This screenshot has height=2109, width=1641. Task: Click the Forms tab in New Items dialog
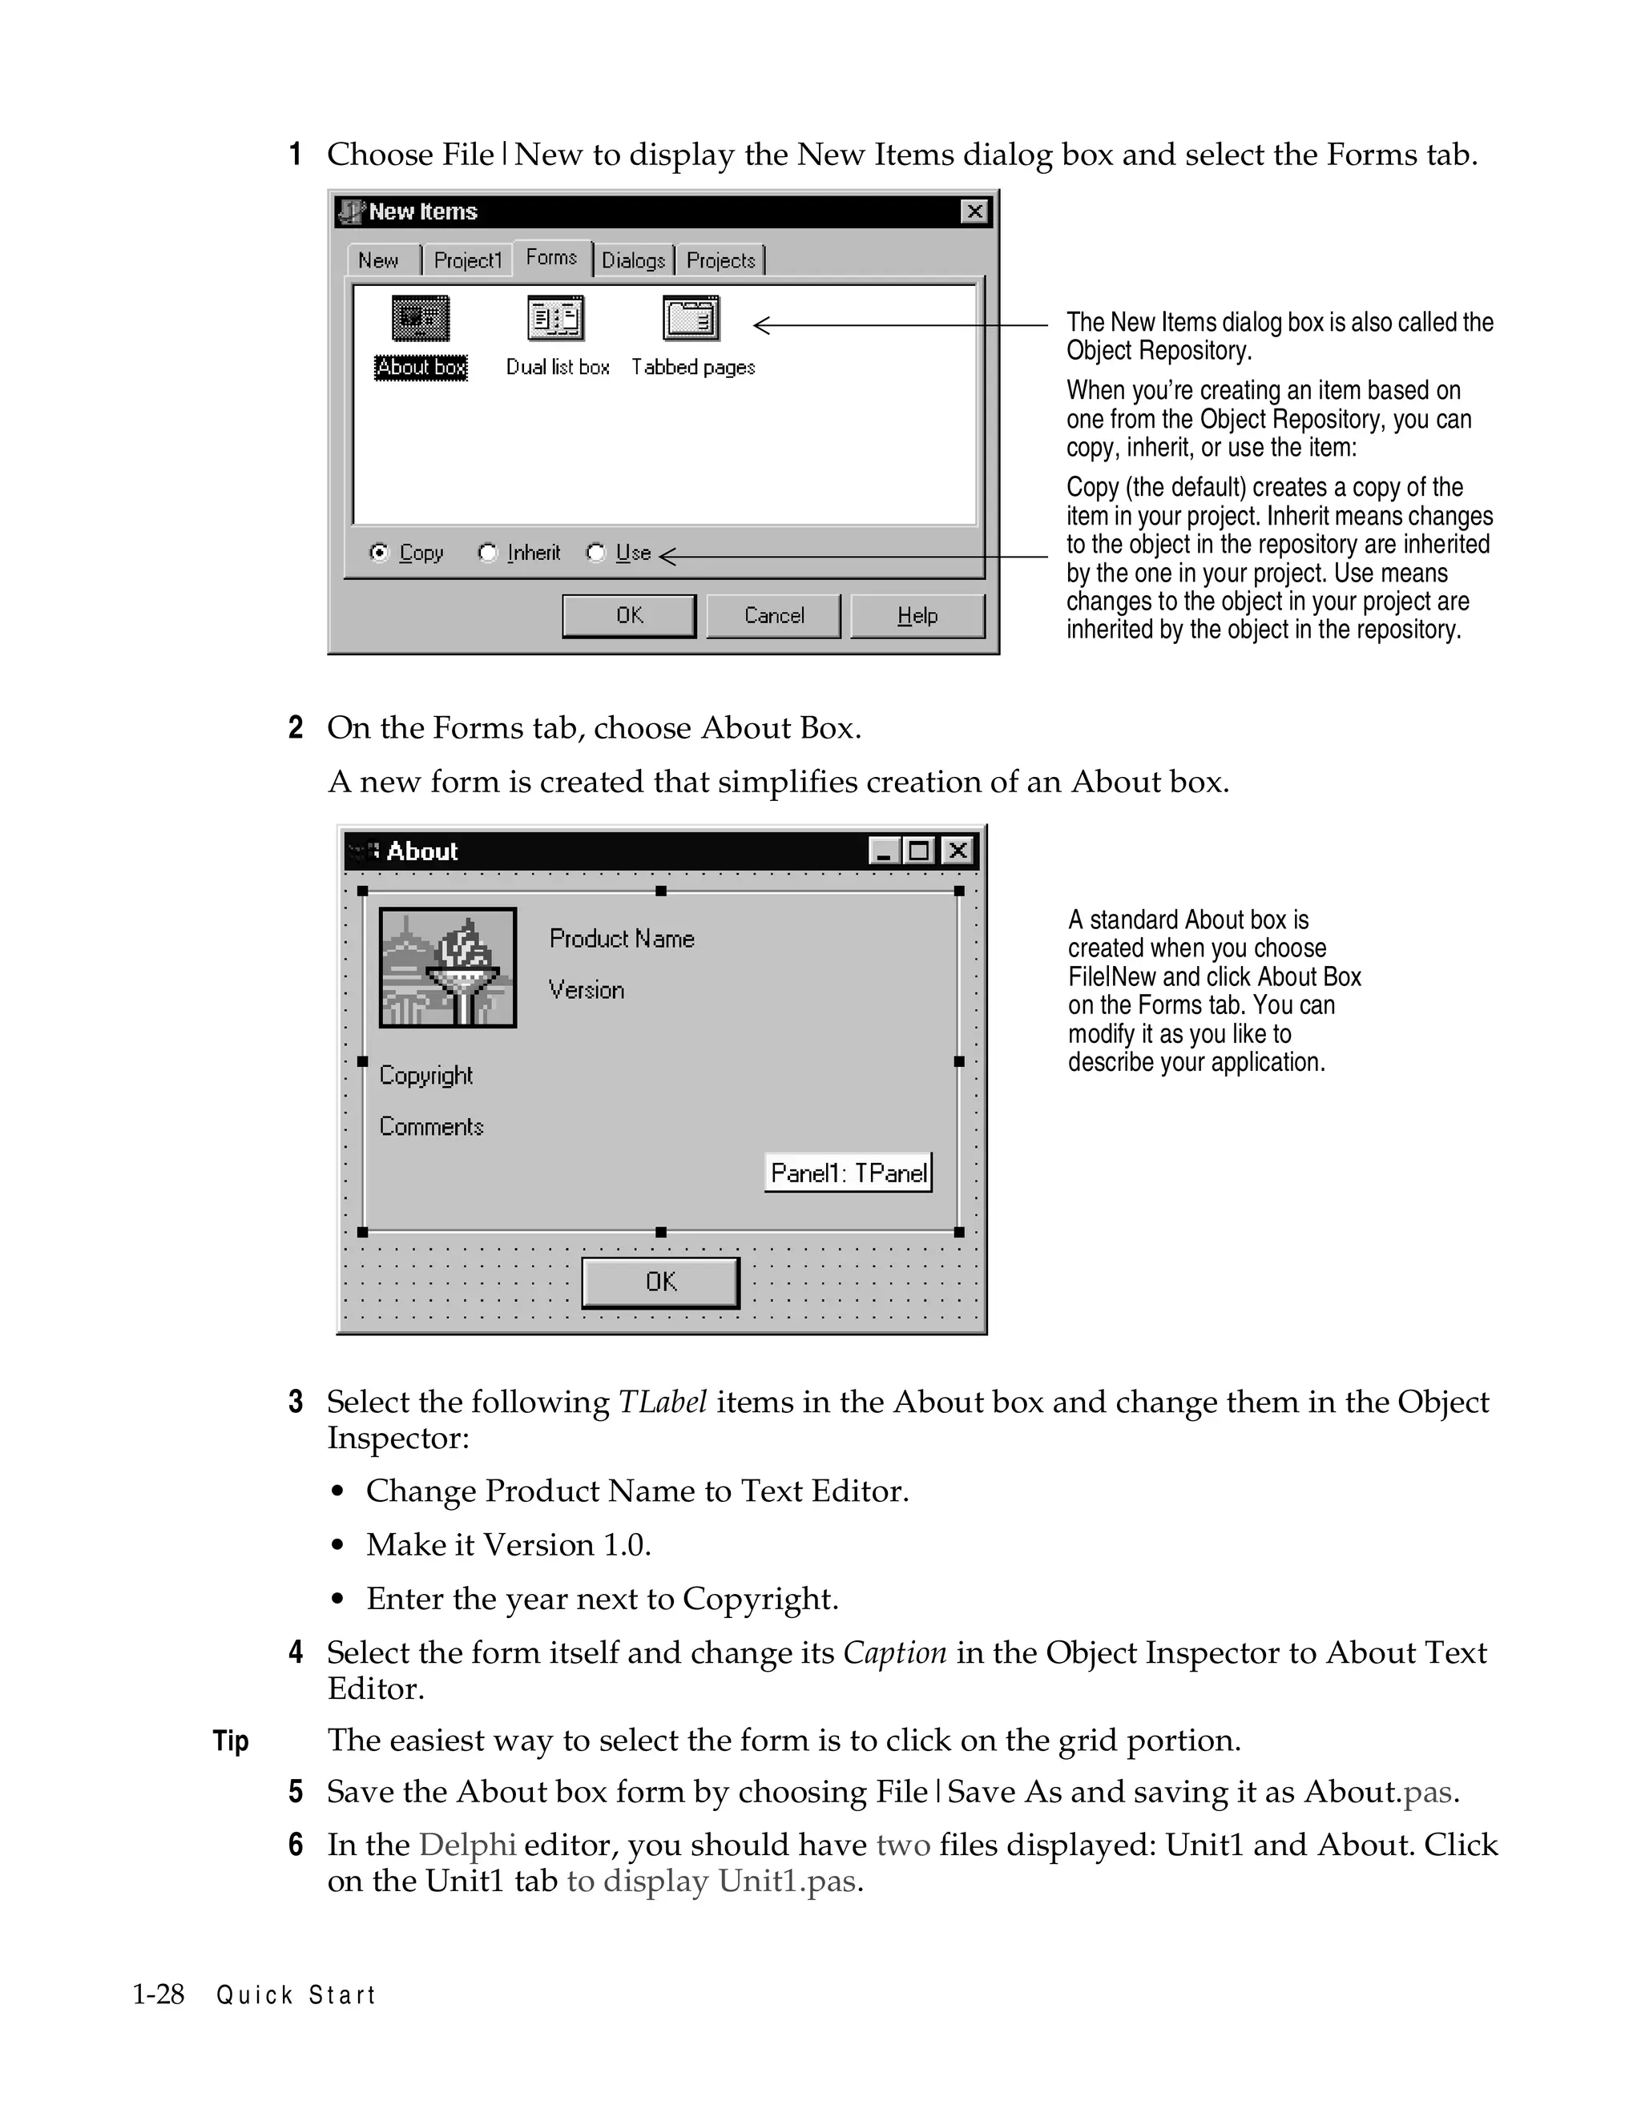click(551, 258)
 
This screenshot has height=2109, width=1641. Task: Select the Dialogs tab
click(634, 260)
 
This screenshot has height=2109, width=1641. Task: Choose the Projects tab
click(720, 260)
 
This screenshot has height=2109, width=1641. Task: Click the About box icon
click(420, 319)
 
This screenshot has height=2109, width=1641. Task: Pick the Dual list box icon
click(556, 319)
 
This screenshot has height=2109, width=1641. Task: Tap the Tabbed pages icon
click(691, 319)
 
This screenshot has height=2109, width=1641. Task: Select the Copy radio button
click(380, 553)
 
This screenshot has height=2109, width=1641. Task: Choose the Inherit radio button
click(488, 553)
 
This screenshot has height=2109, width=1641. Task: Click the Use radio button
click(596, 553)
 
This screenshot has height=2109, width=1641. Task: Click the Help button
click(917, 616)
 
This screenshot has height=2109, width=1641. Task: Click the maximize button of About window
click(918, 851)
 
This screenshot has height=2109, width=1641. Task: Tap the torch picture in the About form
click(447, 968)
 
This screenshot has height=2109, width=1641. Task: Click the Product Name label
click(621, 939)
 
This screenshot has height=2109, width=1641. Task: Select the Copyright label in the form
click(426, 1076)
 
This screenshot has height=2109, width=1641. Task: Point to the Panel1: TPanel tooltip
click(848, 1173)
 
